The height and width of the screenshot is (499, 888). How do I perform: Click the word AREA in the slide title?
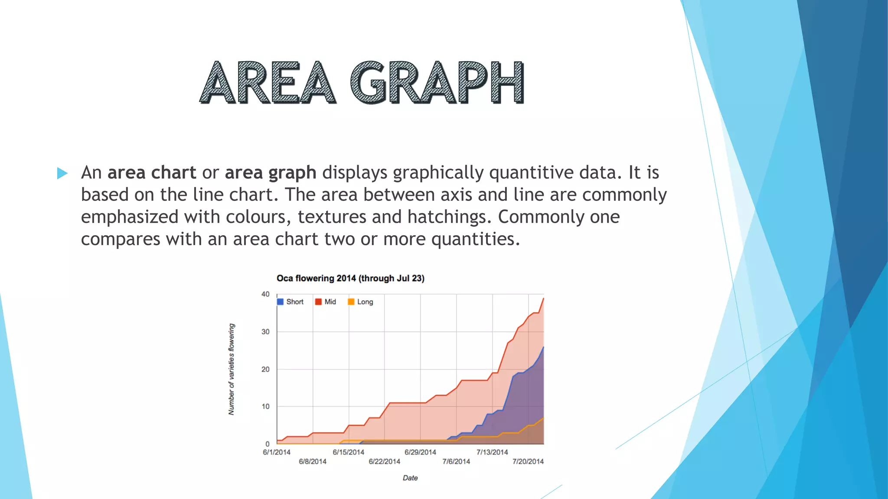tap(268, 82)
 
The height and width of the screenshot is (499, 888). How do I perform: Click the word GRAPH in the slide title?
tap(437, 82)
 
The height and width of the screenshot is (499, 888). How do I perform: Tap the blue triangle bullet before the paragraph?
tap(62, 174)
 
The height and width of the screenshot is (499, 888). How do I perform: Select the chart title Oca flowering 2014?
tap(350, 278)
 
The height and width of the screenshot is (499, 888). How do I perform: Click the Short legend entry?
tap(291, 302)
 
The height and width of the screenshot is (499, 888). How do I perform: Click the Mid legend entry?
tap(326, 302)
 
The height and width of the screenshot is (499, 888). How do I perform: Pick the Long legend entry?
tap(361, 302)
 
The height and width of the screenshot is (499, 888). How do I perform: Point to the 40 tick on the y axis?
tap(265, 294)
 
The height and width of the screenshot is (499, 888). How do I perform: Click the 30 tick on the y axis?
tap(265, 332)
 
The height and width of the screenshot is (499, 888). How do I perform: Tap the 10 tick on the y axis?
tap(265, 406)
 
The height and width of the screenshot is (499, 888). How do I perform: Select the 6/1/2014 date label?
tap(277, 452)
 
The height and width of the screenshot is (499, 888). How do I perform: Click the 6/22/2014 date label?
tap(384, 462)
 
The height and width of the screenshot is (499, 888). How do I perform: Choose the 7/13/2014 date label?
tap(492, 452)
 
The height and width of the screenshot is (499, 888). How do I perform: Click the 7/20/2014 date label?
tap(528, 462)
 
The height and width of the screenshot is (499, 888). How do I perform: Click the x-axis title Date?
tap(410, 478)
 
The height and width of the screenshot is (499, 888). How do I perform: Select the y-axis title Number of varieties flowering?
tap(232, 369)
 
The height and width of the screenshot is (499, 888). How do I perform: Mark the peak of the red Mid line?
tap(543, 298)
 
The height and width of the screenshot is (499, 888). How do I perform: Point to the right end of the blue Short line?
tap(543, 347)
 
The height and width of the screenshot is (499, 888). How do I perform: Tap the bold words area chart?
tap(152, 173)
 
